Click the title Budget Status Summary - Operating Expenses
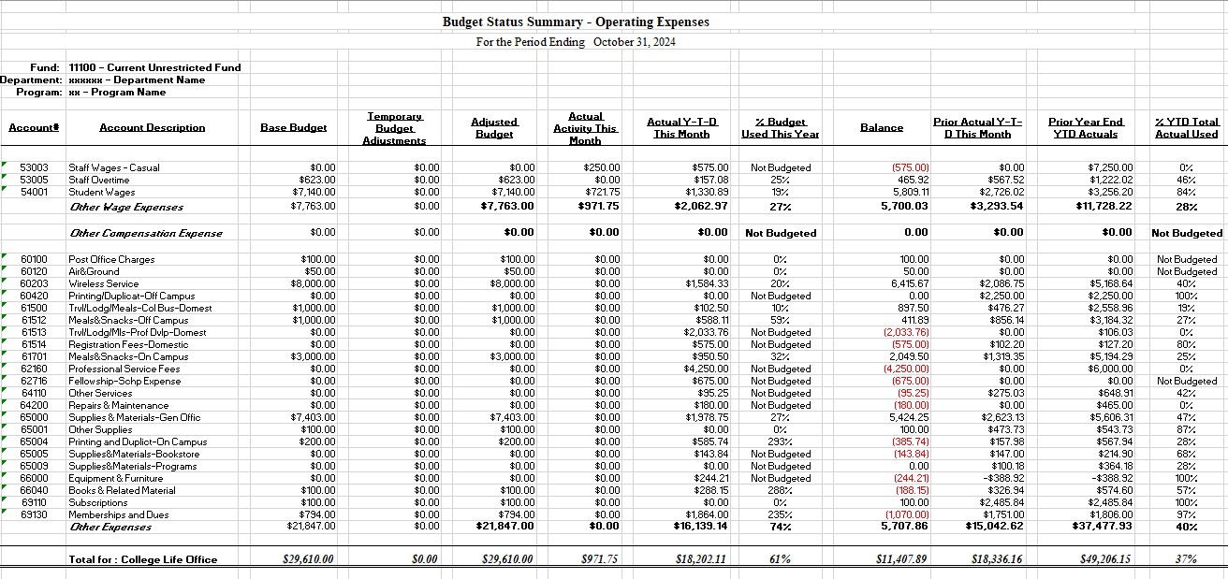(x=576, y=22)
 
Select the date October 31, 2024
(x=635, y=42)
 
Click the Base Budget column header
(x=293, y=127)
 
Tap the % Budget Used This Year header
(x=780, y=128)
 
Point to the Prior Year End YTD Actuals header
(x=1086, y=128)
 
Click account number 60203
(x=34, y=283)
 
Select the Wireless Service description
(x=104, y=283)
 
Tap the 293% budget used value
(x=780, y=442)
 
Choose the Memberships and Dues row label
(x=119, y=514)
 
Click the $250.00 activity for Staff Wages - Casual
(x=602, y=167)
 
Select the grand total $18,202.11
(x=701, y=559)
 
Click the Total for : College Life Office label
(x=142, y=559)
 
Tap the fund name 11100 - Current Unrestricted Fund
(x=154, y=67)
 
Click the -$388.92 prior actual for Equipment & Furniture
(x=1003, y=478)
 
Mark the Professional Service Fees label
(x=124, y=369)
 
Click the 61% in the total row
(x=780, y=559)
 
